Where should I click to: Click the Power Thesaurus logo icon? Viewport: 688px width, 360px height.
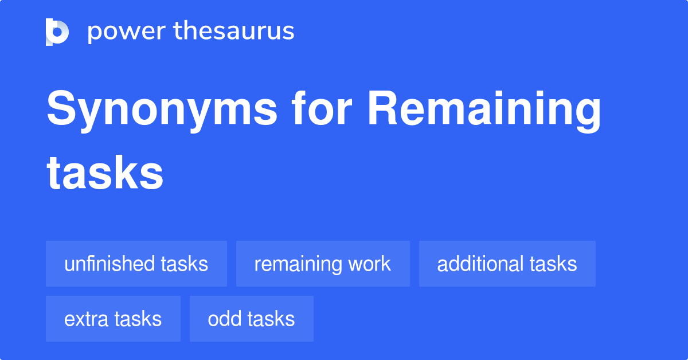(x=57, y=32)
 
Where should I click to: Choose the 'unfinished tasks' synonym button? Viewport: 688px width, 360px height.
(x=136, y=264)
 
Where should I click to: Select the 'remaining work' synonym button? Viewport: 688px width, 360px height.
(x=323, y=264)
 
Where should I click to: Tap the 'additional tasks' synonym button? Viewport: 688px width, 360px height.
(x=507, y=264)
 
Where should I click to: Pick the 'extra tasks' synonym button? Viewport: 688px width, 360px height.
(x=113, y=319)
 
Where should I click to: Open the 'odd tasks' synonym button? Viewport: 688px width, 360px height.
(x=252, y=319)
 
